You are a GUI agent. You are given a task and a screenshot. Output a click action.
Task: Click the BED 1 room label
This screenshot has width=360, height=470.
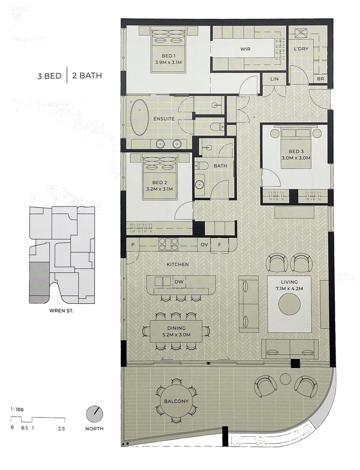pos(169,56)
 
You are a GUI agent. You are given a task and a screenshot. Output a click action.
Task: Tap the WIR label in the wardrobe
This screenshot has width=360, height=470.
pos(245,49)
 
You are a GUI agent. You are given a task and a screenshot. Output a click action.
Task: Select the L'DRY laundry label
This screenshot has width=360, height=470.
pos(301,49)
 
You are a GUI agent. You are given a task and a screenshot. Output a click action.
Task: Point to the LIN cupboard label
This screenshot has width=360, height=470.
pos(274,79)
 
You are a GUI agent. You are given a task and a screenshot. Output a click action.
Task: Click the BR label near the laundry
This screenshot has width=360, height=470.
pos(320,79)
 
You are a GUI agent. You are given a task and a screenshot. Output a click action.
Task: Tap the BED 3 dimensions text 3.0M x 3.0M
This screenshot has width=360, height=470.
pos(296,158)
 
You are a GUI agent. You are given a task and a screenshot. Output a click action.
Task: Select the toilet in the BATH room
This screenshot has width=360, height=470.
pos(201,166)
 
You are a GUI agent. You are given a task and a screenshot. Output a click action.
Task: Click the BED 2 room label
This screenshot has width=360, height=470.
pos(160,182)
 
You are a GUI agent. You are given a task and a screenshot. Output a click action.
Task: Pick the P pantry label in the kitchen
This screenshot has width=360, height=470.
pos(133,245)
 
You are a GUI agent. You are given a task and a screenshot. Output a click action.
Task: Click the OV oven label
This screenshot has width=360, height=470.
pos(204,245)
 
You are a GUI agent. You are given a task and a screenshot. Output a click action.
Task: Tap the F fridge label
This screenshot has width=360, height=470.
pos(219,245)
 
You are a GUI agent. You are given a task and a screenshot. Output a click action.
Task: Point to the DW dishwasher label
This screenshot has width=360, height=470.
pos(179,282)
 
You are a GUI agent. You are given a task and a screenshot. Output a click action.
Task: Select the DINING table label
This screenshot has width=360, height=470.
pos(176,328)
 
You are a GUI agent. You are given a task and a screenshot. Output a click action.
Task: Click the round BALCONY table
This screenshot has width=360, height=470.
pos(176,401)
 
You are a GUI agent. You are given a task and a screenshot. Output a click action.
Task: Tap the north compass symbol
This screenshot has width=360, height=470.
pos(94,414)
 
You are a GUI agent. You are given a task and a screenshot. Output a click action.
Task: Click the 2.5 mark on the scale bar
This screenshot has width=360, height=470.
pos(62,429)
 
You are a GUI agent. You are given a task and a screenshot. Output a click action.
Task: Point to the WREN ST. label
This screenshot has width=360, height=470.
pos(61,311)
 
